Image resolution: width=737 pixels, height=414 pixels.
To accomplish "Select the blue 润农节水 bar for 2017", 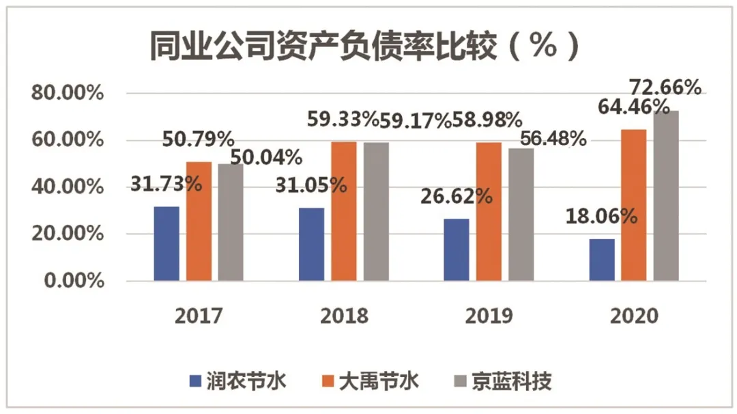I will click(167, 243).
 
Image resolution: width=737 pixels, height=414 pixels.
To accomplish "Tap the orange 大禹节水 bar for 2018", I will click(344, 211).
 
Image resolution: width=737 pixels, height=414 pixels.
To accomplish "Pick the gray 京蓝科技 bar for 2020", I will click(666, 195).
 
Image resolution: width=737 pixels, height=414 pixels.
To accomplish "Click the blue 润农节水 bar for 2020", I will click(602, 260).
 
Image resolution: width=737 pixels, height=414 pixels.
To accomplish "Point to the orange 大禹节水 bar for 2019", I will click(489, 211).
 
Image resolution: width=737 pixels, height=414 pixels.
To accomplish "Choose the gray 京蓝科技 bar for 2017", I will click(231, 222).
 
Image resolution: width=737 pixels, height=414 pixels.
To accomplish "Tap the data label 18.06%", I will click(601, 217).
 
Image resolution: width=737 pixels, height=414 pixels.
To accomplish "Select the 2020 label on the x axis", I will click(634, 316).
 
